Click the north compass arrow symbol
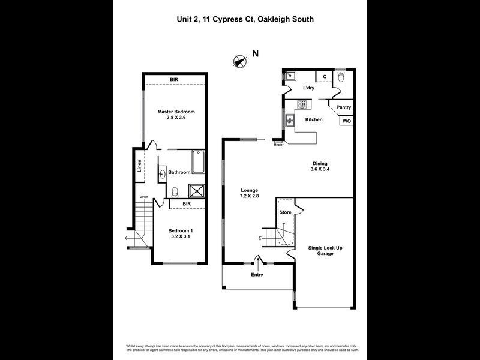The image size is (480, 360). pyautogui.click(x=240, y=61)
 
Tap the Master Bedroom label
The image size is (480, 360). pyautogui.click(x=176, y=112)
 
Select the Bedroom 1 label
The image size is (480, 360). pyautogui.click(x=180, y=230)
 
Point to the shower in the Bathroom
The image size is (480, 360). pyautogui.click(x=197, y=191)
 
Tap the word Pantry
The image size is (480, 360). pyautogui.click(x=343, y=107)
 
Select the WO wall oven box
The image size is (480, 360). pyautogui.click(x=346, y=121)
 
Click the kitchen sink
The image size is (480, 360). pyautogui.click(x=290, y=120)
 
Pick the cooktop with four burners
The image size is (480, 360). pyautogui.click(x=302, y=104)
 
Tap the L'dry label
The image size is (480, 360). pyautogui.click(x=308, y=88)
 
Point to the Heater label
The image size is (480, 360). pyautogui.click(x=278, y=145)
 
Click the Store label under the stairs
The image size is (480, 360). pyautogui.click(x=286, y=211)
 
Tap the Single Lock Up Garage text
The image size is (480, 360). pyautogui.click(x=321, y=250)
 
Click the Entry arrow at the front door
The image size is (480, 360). pyautogui.click(x=259, y=261)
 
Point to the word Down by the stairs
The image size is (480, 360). pyautogui.click(x=144, y=197)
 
